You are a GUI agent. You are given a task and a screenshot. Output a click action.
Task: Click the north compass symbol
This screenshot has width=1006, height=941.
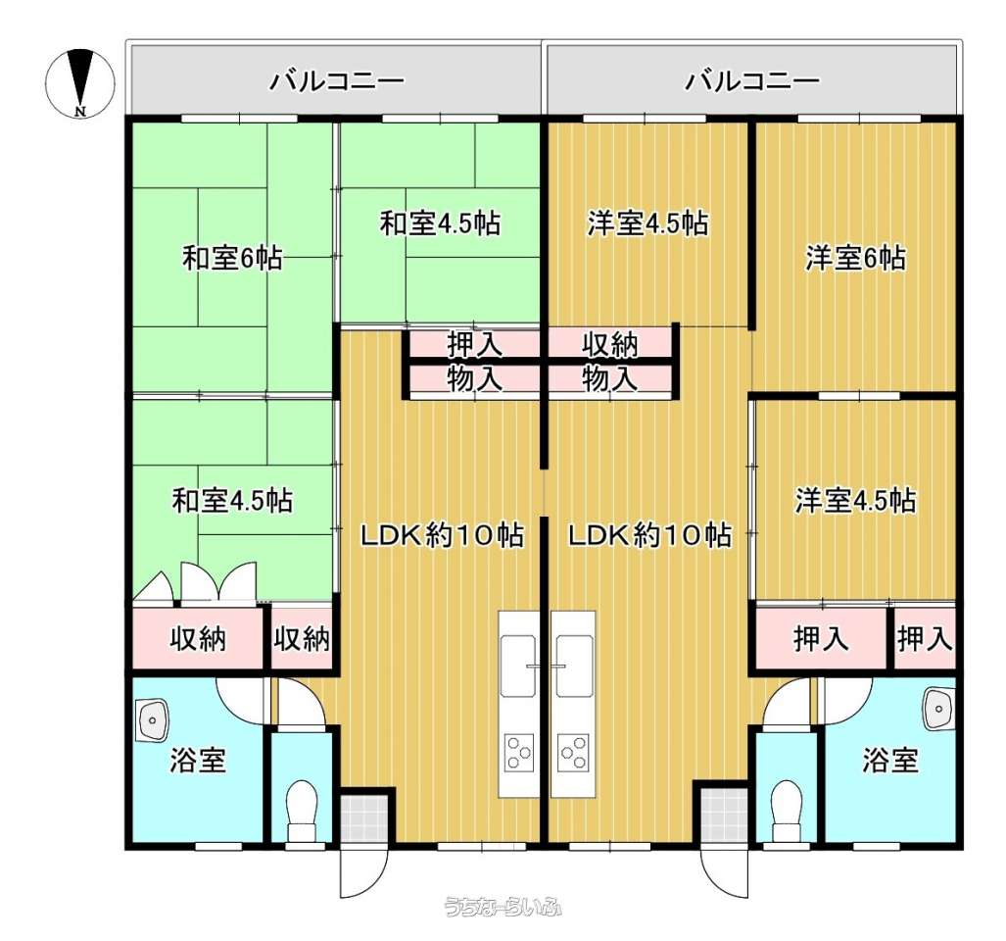(80, 83)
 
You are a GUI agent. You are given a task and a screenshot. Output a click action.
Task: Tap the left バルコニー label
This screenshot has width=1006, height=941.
(337, 81)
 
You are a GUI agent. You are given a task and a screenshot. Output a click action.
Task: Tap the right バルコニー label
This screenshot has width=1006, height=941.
(752, 81)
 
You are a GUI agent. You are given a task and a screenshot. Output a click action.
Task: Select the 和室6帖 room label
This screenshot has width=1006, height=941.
(232, 258)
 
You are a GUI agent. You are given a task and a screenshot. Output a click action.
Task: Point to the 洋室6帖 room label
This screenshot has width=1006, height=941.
(856, 258)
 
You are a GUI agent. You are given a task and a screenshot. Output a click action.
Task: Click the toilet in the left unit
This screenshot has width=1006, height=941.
(302, 810)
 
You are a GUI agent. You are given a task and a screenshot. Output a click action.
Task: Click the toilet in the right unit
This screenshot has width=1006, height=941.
(788, 810)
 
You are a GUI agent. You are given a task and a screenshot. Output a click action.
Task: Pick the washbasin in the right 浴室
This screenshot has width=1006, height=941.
(938, 710)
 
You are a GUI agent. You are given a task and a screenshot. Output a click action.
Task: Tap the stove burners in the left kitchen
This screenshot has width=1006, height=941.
(519, 752)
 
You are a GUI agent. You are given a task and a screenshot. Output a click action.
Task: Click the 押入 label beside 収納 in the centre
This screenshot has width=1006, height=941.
(475, 345)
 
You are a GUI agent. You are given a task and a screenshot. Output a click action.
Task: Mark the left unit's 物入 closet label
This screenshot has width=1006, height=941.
(475, 378)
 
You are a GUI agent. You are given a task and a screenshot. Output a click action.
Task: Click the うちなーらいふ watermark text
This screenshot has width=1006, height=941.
(503, 908)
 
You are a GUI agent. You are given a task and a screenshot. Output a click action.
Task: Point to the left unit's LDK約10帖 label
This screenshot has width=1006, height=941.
(442, 534)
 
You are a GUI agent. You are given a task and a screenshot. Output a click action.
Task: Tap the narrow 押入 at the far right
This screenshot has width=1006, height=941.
(925, 639)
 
